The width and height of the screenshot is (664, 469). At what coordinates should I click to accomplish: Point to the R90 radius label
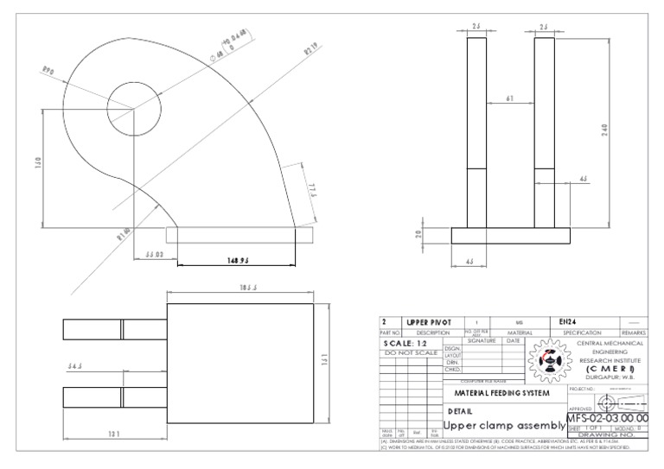pos(49,72)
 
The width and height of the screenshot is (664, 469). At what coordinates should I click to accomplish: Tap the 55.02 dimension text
pos(156,256)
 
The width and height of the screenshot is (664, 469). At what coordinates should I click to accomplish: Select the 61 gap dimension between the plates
pos(509,99)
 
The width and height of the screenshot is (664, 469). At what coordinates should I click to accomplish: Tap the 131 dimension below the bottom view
pos(113,434)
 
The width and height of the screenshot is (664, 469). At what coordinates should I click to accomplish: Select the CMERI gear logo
pos(545,360)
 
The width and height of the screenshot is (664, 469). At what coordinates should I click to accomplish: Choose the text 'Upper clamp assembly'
pos(502,426)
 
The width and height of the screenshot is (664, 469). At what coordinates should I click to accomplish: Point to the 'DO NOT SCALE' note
pos(411,352)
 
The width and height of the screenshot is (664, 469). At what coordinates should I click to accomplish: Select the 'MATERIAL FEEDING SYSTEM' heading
pos(501,393)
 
